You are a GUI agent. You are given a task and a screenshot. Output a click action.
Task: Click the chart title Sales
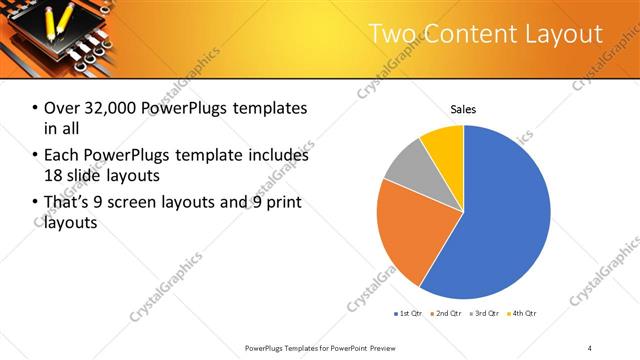click(463, 109)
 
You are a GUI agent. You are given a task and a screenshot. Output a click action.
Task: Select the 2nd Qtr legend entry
click(446, 314)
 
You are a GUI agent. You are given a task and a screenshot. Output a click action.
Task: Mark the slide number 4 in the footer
click(590, 347)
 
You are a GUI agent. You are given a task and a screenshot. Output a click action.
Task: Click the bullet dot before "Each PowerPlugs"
click(35, 156)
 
